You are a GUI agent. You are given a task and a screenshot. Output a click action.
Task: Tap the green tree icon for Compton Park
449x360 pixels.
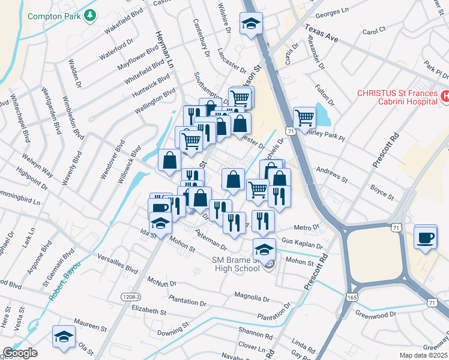(x=90, y=15)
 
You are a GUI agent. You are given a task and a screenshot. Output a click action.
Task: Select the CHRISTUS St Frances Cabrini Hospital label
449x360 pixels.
(x=396, y=97)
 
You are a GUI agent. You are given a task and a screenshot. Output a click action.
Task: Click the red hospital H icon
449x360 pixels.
(x=445, y=95)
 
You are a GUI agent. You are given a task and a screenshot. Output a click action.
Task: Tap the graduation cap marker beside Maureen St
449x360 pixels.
(x=63, y=337)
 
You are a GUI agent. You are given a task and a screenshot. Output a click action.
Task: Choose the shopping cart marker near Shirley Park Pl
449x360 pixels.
(x=304, y=118)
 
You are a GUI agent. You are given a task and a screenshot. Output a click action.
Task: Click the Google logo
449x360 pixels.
(x=19, y=353)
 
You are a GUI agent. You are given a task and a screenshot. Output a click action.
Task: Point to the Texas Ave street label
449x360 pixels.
(x=322, y=32)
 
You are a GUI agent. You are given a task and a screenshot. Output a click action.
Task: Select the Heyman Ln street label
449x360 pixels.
(x=163, y=49)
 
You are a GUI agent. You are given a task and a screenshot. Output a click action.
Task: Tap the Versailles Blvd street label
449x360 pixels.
(x=118, y=265)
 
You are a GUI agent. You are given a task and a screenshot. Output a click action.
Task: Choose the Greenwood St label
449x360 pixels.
(x=376, y=313)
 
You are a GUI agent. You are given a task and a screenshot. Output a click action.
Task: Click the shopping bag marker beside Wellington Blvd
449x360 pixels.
(x=169, y=160)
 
